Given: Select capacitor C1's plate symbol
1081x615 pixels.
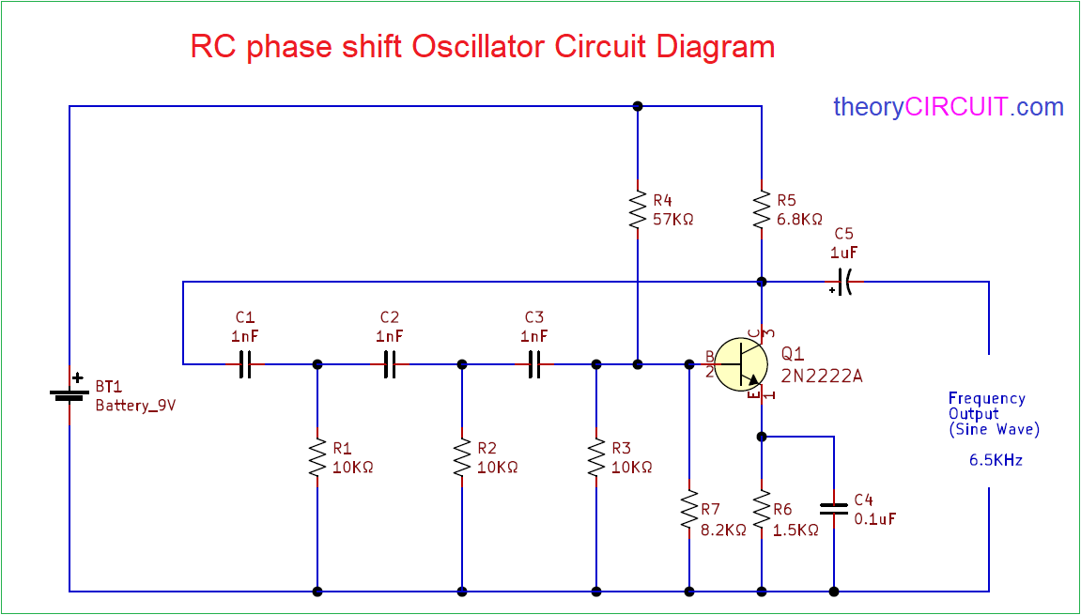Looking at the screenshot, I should [x=245, y=364].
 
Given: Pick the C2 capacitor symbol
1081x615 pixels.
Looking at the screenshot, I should [x=390, y=364].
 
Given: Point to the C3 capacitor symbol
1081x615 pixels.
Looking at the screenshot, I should [x=534, y=364].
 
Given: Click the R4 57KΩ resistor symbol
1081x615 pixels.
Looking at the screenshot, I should [x=638, y=211].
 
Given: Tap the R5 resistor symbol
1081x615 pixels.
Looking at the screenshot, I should [x=762, y=211].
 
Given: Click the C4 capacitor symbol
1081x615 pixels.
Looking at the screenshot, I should [x=834, y=509].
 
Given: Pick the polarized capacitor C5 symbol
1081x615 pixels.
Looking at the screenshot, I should [x=843, y=282].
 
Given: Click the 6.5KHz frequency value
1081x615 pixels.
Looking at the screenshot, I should [x=996, y=461].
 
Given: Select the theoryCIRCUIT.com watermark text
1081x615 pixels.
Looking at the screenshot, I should [x=949, y=107].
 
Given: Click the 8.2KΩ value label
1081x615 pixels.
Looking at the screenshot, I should [x=723, y=530].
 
